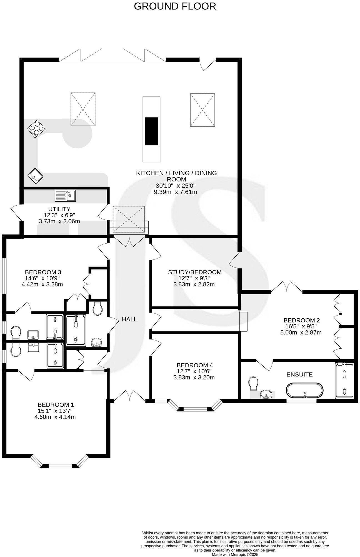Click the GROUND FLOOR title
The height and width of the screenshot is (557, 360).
(175, 6)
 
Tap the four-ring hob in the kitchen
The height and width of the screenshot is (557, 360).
(36, 129)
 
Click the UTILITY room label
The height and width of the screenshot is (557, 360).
(59, 209)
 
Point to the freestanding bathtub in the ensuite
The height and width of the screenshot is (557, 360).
(305, 391)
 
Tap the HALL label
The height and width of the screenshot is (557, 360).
(129, 319)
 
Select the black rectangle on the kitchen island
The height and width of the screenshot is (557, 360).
(152, 131)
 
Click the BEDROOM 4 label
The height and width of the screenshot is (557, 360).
(195, 365)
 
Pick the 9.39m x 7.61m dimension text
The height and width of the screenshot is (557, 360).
(176, 192)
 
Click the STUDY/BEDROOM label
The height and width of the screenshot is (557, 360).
(195, 272)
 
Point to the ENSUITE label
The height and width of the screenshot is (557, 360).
(299, 374)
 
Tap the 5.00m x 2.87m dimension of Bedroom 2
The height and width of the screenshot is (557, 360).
(301, 333)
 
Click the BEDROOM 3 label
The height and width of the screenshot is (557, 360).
(43, 272)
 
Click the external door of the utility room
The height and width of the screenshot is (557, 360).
(16, 213)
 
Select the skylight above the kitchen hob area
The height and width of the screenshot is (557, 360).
(83, 109)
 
